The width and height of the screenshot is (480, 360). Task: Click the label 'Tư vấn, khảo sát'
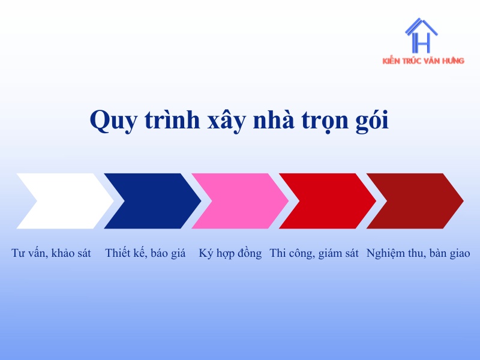51,253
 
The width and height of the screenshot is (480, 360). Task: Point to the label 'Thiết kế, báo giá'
145,253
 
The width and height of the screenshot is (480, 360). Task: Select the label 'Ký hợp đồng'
230,253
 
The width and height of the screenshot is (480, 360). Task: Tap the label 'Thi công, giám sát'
314,253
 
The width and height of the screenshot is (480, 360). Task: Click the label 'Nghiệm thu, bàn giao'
418,253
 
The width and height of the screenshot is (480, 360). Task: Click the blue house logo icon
421,36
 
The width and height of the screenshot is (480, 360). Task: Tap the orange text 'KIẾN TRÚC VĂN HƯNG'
423,61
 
